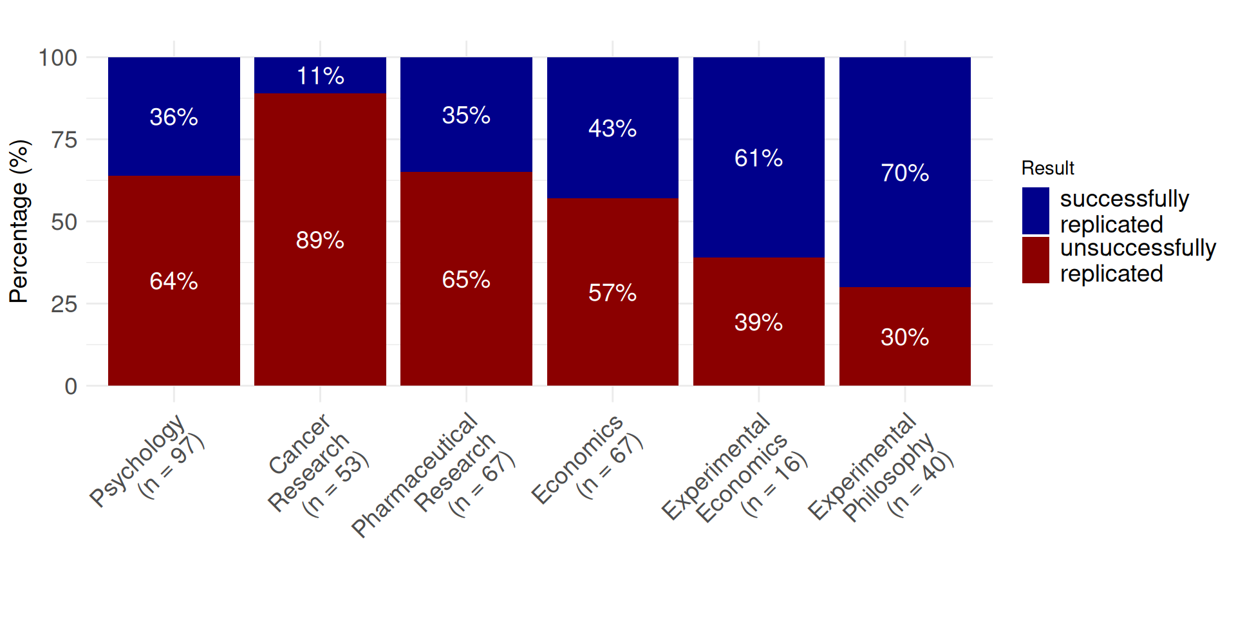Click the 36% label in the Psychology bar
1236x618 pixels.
coord(174,117)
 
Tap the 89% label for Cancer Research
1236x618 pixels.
coord(320,240)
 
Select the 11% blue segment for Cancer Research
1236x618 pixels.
coord(320,75)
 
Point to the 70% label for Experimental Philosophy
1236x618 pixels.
coord(904,173)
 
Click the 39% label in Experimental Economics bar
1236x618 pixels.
coord(758,322)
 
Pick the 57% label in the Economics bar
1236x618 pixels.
coord(612,293)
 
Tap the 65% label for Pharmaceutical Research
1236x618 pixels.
coord(466,279)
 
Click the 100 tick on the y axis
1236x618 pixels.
coord(58,58)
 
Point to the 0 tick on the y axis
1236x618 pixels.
coord(71,386)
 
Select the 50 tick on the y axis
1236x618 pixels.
coord(64,222)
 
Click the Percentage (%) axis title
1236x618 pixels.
coord(19,221)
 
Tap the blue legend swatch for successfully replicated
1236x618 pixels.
coord(1035,211)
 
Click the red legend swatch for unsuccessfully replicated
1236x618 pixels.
coord(1035,260)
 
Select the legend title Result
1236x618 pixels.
coord(1047,168)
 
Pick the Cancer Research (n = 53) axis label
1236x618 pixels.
coord(315,467)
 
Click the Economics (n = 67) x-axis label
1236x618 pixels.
coord(586,460)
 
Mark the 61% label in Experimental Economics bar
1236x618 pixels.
coord(758,158)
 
